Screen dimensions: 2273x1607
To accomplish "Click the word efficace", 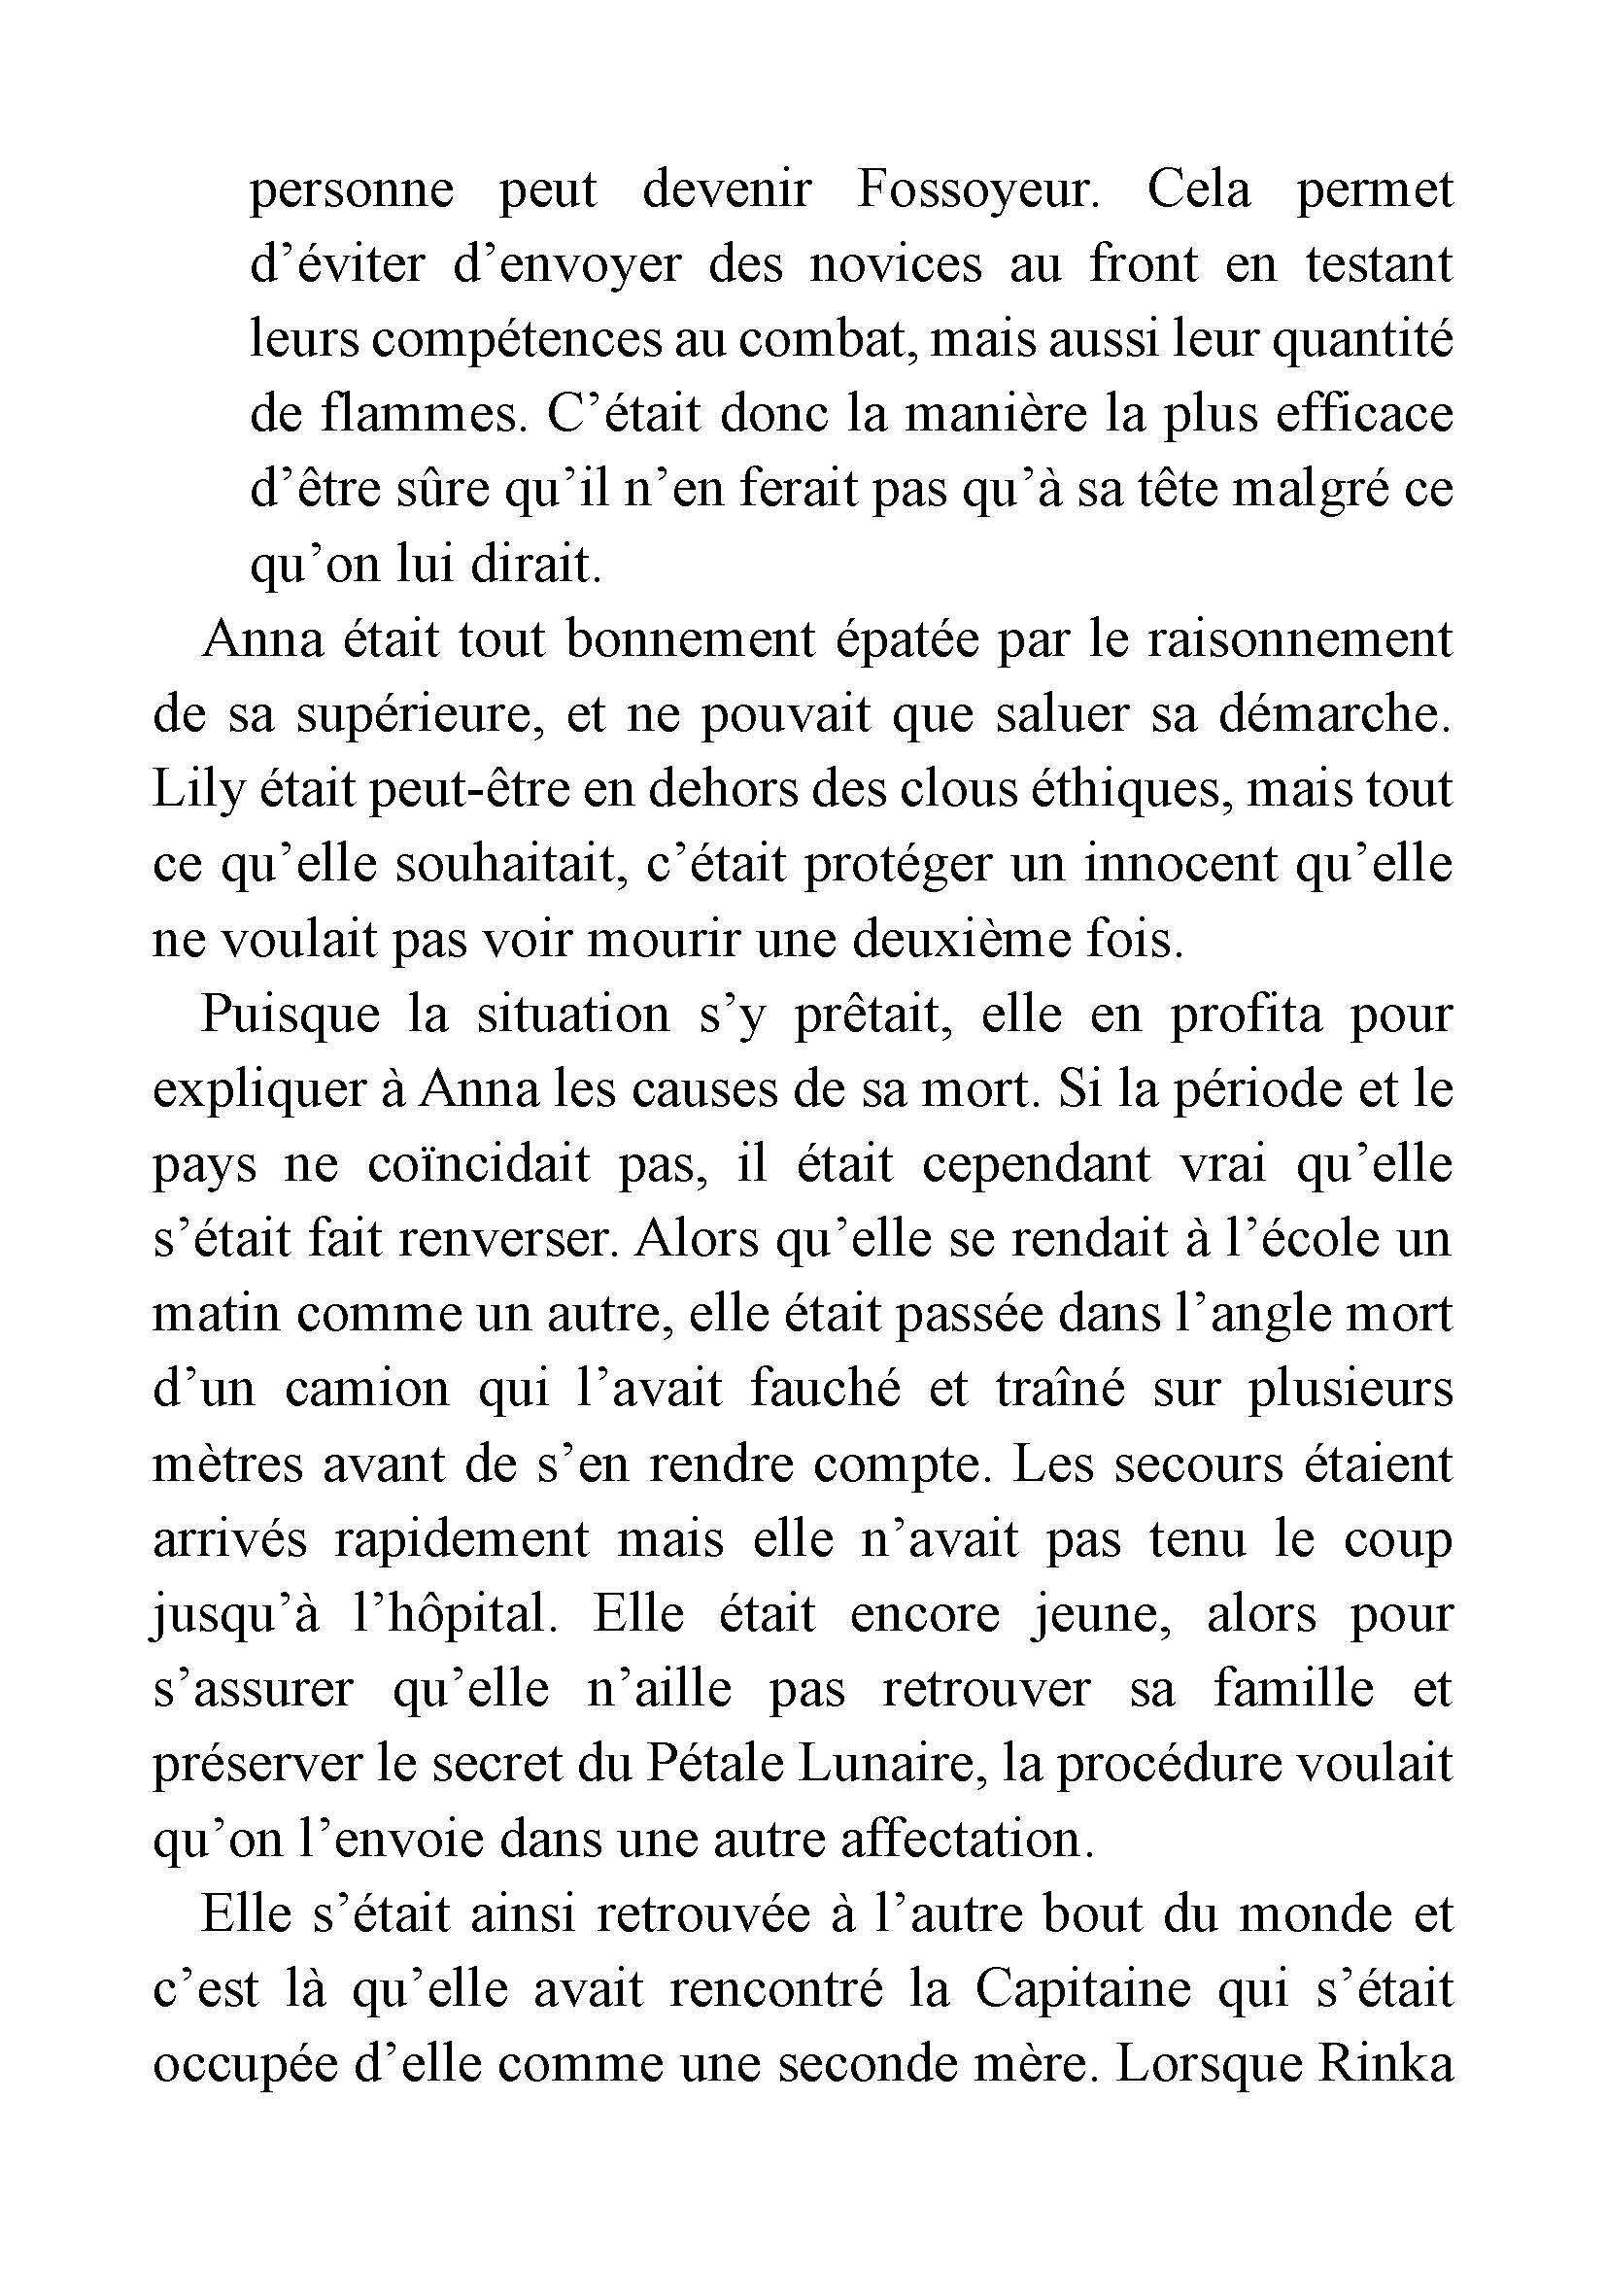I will pyautogui.click(x=1364, y=416).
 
